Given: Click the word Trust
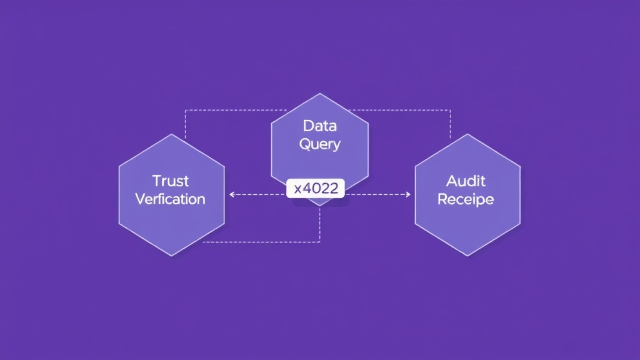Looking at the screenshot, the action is [170, 181].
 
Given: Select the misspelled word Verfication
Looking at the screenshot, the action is [170, 199].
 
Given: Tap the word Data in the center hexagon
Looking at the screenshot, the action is [319, 126].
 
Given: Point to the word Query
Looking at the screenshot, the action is [319, 144].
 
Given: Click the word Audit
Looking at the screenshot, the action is [466, 181].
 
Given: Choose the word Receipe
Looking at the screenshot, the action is [466, 199].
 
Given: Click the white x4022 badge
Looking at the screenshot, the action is [316, 188].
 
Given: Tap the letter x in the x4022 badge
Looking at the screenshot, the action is [297, 189].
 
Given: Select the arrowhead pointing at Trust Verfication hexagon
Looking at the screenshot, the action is [232, 194].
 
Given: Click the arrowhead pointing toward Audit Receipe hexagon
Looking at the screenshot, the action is [407, 194].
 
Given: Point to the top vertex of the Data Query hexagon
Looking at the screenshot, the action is [319, 94].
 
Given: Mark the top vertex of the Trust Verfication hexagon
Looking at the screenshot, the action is [171, 134].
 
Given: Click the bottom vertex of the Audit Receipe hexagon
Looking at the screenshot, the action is [467, 256].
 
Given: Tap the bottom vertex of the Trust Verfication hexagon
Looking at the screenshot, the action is [171, 256].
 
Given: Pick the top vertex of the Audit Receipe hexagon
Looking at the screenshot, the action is [467, 134].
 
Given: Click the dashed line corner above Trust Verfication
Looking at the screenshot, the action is [185, 110].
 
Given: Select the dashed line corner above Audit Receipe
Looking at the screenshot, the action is [450, 110].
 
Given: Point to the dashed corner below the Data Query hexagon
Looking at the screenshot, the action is [319, 242].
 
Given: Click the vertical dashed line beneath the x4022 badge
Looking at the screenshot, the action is [319, 224].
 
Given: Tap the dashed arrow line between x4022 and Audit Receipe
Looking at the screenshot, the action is [378, 194].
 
